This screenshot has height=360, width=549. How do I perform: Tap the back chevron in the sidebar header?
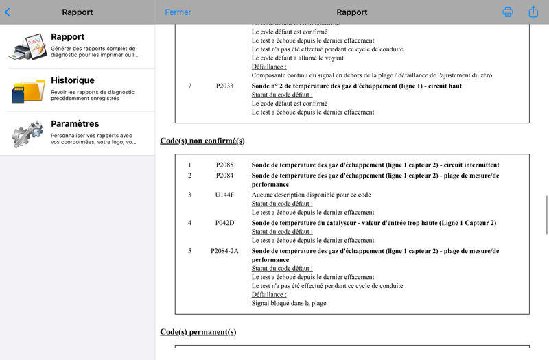coord(8,12)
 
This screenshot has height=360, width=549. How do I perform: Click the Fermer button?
coord(178,12)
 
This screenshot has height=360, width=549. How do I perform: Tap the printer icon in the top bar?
coord(508,12)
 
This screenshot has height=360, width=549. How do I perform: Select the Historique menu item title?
coord(73,80)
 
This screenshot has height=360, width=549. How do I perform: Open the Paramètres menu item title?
coord(75,124)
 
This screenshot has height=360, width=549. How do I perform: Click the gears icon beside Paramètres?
coord(27,133)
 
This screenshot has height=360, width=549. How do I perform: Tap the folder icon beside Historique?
coord(27,90)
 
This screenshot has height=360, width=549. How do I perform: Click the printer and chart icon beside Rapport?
coord(27,46)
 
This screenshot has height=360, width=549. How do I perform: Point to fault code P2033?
coord(224,86)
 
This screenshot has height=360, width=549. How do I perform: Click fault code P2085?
coord(224,165)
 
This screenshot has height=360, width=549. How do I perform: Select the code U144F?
coord(224,195)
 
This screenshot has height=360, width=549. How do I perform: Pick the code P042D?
coord(224,224)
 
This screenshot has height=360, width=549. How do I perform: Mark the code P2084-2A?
coord(224,251)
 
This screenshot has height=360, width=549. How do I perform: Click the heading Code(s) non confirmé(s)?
coord(202,141)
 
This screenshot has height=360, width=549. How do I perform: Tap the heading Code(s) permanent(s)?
coord(198,332)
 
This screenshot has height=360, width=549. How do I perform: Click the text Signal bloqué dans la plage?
coord(289,303)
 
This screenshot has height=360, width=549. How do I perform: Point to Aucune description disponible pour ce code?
coord(312,195)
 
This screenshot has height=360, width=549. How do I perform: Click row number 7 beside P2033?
coord(190,86)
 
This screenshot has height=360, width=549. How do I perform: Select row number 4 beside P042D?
coord(190,224)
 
